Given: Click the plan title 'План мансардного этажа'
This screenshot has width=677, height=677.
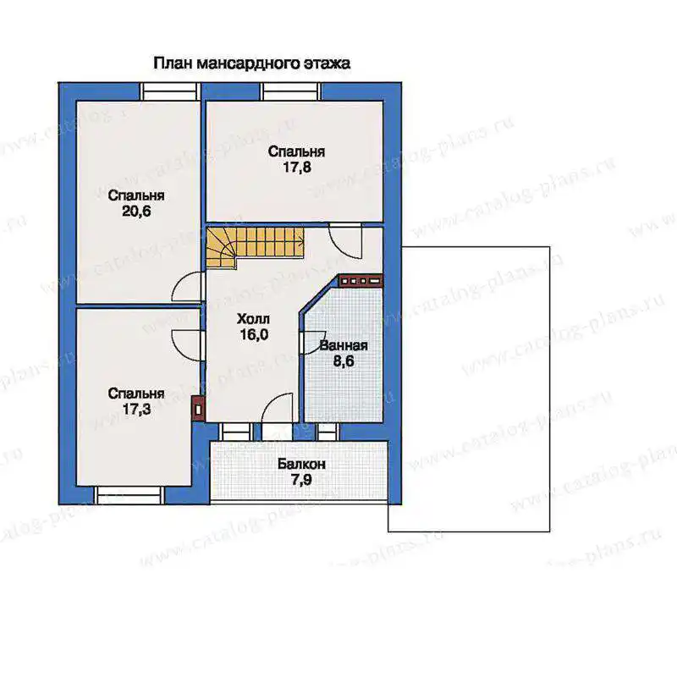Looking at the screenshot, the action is tap(251, 63).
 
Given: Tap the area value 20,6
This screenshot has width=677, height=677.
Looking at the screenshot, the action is tap(136, 212).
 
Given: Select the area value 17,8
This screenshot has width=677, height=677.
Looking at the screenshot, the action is tap(297, 167).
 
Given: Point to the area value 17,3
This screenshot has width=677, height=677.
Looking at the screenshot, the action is tap(136, 409).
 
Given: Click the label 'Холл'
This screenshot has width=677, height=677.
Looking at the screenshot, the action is tap(253, 319).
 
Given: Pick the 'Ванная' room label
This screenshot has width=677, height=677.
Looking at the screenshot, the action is tap(344, 345).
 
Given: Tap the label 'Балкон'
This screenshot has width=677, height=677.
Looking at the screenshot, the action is tap(301, 464).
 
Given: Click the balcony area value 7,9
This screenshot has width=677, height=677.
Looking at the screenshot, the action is tap(301, 480).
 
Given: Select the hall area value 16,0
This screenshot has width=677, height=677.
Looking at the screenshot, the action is tap(254, 334).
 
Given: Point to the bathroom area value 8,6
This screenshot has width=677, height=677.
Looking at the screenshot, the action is tap(344, 361).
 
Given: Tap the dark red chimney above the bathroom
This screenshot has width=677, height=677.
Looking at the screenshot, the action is tap(361, 281).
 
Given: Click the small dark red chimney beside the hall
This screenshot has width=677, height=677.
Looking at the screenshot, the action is tap(198, 409).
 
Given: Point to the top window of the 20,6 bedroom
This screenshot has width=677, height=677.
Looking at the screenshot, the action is tap(170, 91).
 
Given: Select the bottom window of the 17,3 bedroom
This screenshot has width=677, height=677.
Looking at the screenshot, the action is tap(129, 495).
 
